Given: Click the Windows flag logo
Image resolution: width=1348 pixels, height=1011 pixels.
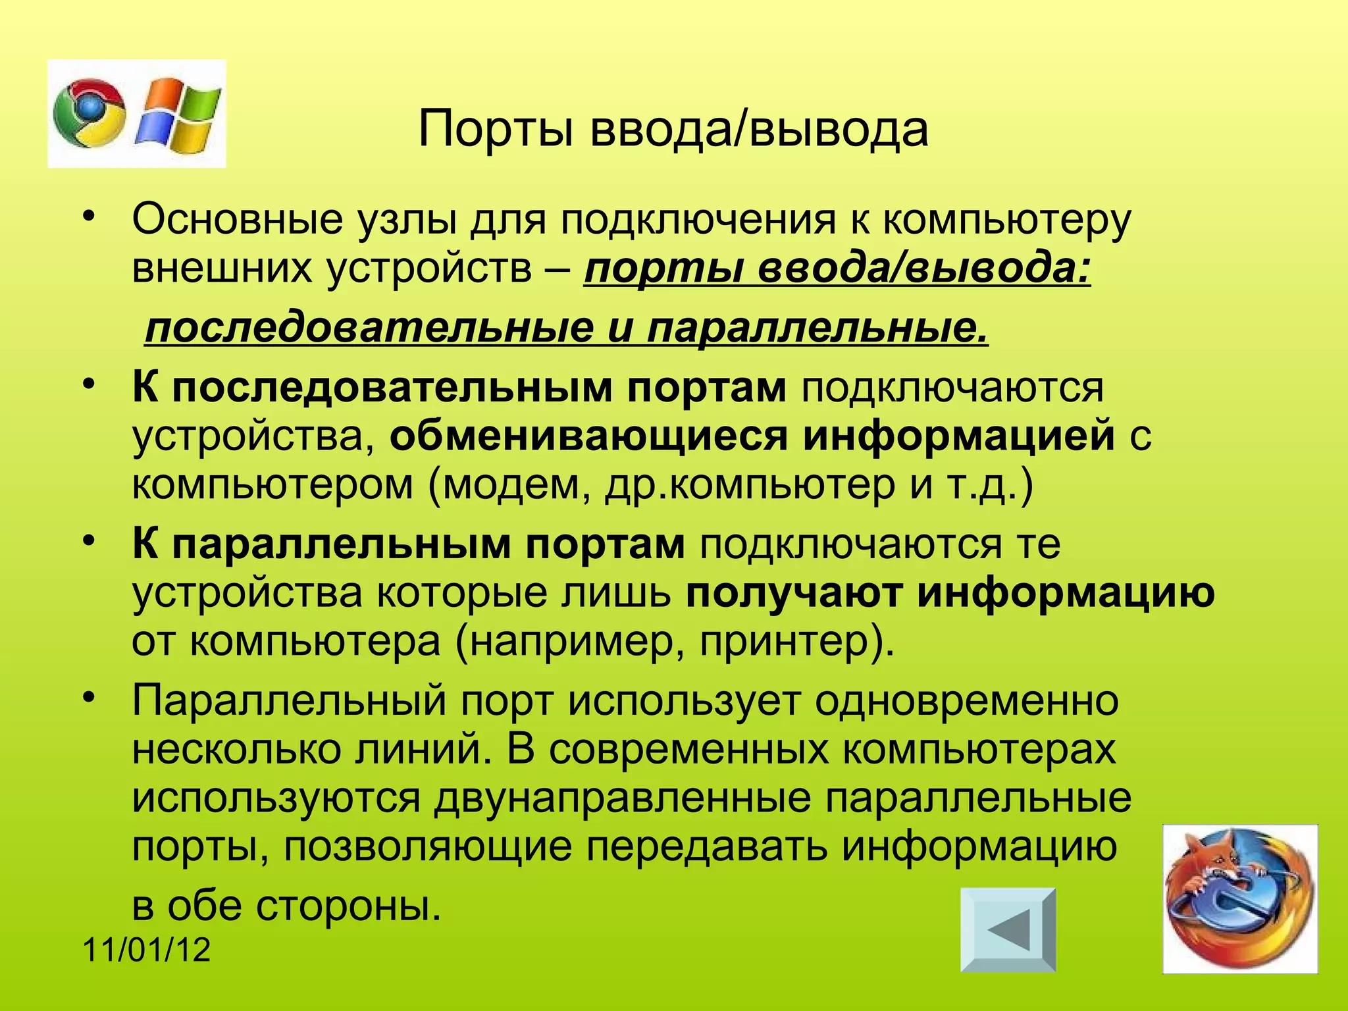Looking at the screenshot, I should [178, 113].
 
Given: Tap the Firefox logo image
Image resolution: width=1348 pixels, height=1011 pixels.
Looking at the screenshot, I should [1240, 898].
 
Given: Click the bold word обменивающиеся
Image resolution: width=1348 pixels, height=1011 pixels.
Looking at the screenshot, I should [588, 436].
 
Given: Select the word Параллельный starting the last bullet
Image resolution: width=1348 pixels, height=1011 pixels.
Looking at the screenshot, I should [289, 700].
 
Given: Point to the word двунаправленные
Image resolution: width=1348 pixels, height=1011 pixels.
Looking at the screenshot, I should [622, 798].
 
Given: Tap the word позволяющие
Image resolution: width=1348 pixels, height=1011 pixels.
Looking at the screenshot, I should [428, 847].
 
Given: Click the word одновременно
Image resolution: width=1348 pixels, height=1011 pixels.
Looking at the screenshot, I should [966, 700].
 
